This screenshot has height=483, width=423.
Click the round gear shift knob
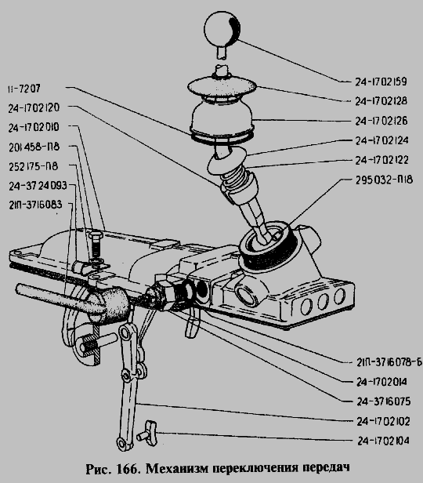[x=222, y=28]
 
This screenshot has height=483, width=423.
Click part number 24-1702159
[x=381, y=82]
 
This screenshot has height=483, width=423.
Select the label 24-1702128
[x=381, y=101]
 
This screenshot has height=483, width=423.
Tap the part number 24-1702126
[x=381, y=121]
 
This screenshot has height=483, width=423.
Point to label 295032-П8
[x=384, y=180]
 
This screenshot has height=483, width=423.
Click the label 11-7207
[x=24, y=89]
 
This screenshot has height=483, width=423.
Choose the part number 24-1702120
[x=34, y=108]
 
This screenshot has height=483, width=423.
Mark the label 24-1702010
[x=34, y=128]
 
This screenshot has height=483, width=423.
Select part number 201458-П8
[x=34, y=147]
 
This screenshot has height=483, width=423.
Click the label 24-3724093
[x=38, y=186]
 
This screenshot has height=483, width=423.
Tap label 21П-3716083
[x=35, y=205]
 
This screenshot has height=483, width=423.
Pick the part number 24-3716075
[x=383, y=401]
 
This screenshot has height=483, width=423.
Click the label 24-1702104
[x=383, y=441]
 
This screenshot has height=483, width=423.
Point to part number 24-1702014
[x=381, y=382]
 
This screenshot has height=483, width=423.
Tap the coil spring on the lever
[x=234, y=176]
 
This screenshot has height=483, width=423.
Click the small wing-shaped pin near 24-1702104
[x=148, y=433]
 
